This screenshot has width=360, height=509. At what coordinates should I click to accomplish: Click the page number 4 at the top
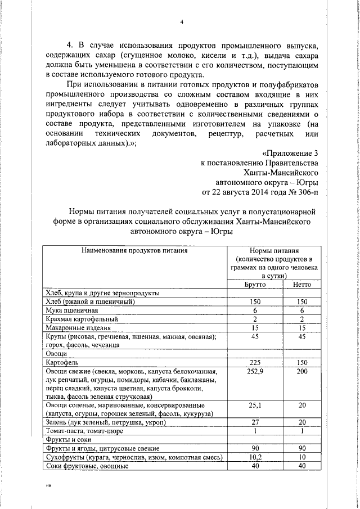(x=182, y=22)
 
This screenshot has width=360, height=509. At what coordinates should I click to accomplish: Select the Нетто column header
(x=301, y=285)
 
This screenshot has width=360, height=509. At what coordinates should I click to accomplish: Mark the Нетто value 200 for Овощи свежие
(x=301, y=371)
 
